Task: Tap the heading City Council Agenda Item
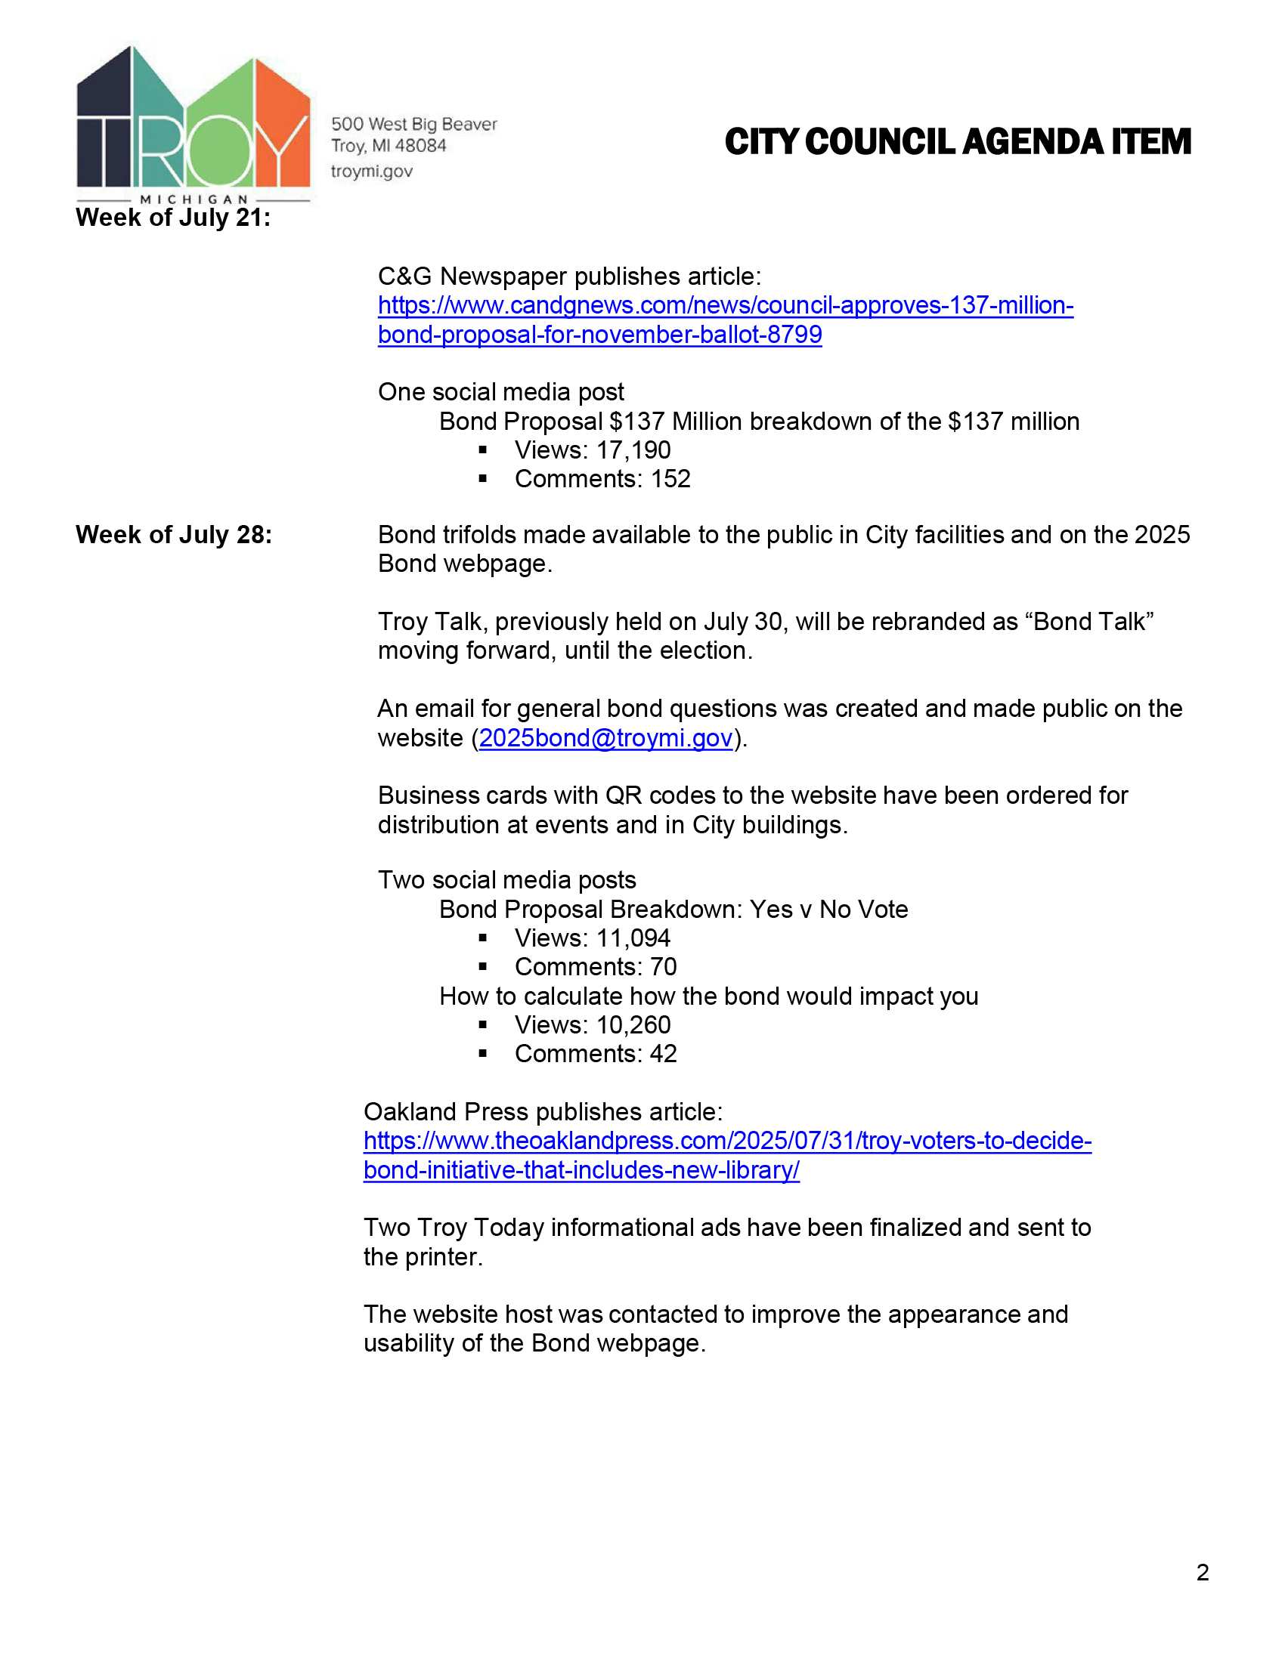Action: [x=957, y=142]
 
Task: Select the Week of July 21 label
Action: [x=173, y=218]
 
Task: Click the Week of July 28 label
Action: [x=174, y=535]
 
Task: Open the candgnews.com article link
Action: [x=725, y=306]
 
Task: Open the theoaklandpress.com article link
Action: [x=727, y=1141]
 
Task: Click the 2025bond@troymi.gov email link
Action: [x=605, y=738]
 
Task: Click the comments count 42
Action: [x=663, y=1054]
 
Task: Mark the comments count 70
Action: [x=663, y=967]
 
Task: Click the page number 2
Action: [x=1202, y=1572]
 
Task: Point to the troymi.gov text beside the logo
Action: [x=371, y=171]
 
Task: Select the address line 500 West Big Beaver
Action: [x=413, y=124]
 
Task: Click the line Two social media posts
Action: [x=506, y=880]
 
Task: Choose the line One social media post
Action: [x=500, y=392]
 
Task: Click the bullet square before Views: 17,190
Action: [x=483, y=450]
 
